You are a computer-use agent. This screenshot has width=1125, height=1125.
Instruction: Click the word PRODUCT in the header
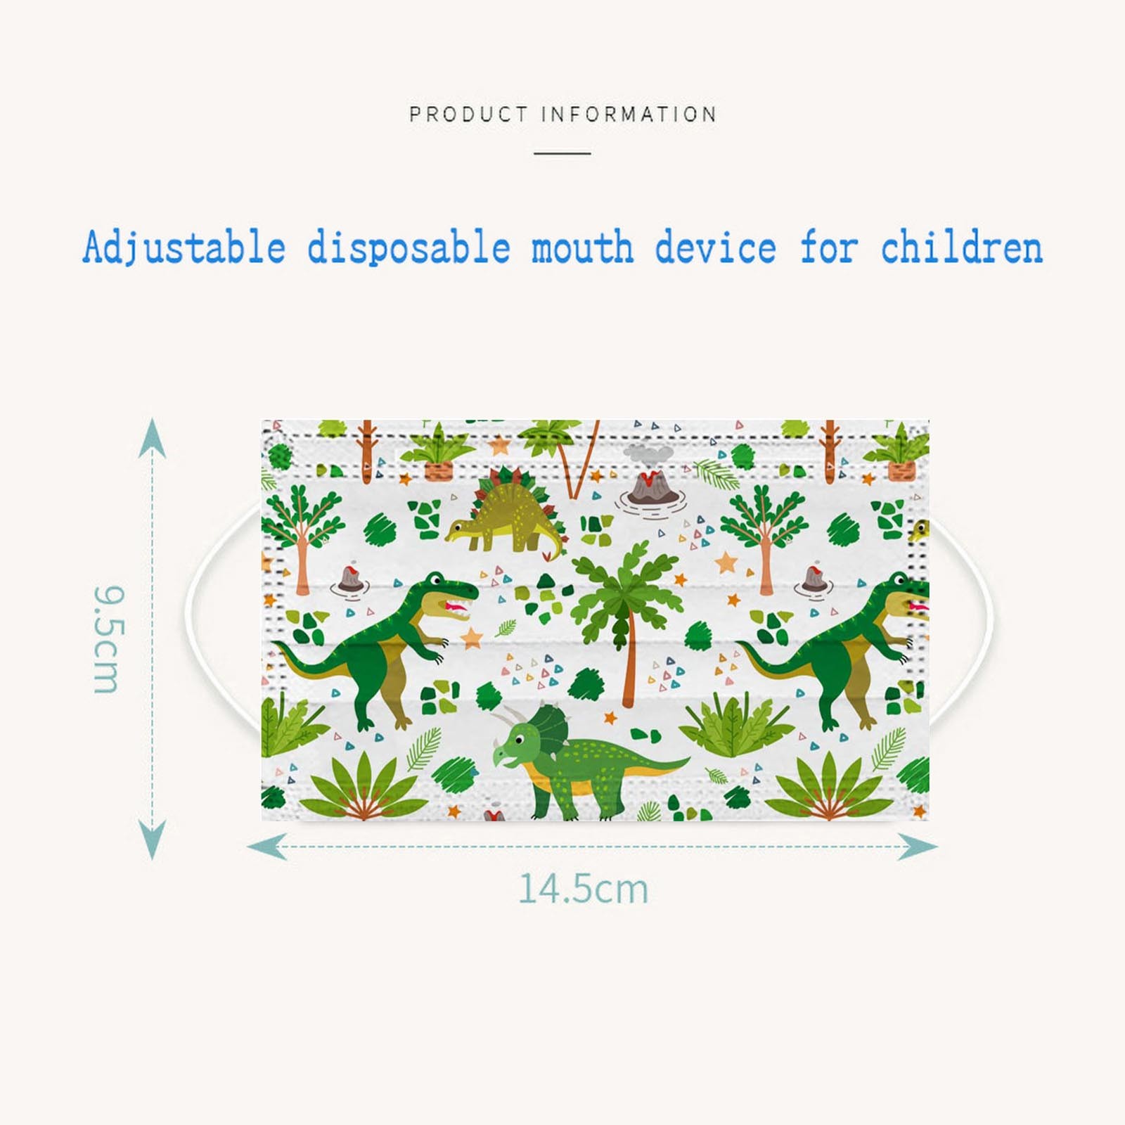[x=468, y=114]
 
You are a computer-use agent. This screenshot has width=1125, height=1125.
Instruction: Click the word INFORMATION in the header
[x=629, y=114]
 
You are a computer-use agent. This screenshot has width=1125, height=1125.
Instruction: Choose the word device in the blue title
[x=716, y=247]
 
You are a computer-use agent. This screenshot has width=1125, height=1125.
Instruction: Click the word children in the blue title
[x=961, y=247]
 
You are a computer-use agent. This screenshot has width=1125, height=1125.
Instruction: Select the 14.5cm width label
[x=583, y=889]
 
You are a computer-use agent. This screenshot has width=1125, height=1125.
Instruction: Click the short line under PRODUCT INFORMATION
[x=562, y=153]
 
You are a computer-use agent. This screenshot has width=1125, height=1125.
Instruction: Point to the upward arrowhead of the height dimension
[x=153, y=437]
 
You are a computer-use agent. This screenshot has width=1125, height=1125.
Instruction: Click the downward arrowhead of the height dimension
[x=153, y=840]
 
